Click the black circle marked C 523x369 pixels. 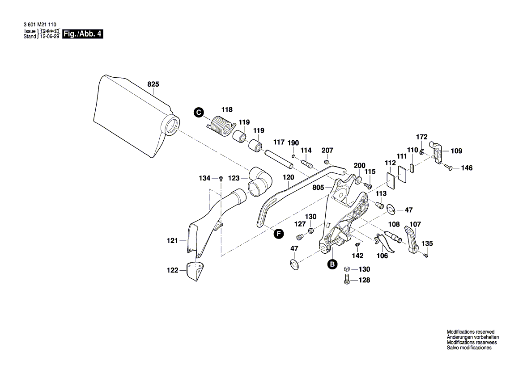[199, 113]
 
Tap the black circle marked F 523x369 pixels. [279, 234]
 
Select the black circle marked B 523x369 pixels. [332, 264]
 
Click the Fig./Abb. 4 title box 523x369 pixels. [83, 34]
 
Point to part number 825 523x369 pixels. [153, 84]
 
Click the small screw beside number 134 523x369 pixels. [221, 179]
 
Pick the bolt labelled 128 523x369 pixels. [347, 281]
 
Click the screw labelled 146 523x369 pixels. [450, 168]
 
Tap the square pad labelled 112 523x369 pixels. [391, 181]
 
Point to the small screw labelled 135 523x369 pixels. [426, 256]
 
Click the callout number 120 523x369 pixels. [289, 177]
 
